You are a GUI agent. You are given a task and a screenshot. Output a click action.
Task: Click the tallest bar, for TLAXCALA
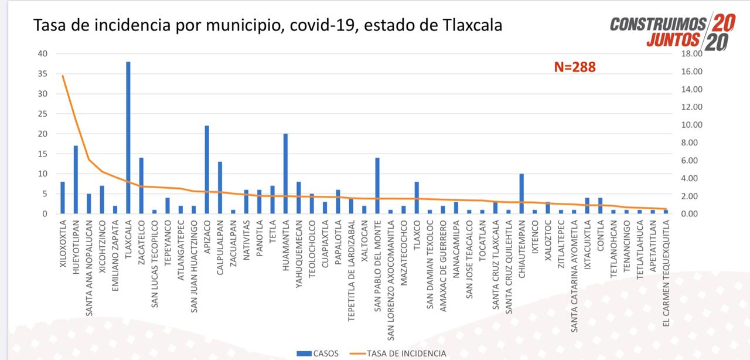(x=128, y=138)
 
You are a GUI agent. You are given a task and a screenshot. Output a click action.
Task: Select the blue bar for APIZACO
(x=207, y=170)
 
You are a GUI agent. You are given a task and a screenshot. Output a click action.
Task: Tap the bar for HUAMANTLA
(x=285, y=174)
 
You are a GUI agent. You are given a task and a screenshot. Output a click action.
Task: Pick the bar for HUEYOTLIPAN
(x=76, y=179)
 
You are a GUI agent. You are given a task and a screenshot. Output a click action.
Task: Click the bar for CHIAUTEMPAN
(x=521, y=193)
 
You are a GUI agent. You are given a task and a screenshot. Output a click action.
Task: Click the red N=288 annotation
(x=575, y=67)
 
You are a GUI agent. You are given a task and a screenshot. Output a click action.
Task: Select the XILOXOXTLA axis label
(x=63, y=244)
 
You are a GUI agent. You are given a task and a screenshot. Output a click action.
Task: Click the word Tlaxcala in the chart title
(x=466, y=26)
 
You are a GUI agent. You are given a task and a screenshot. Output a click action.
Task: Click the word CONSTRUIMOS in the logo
(x=658, y=24)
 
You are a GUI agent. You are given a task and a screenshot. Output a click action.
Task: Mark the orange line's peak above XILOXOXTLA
(x=63, y=76)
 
